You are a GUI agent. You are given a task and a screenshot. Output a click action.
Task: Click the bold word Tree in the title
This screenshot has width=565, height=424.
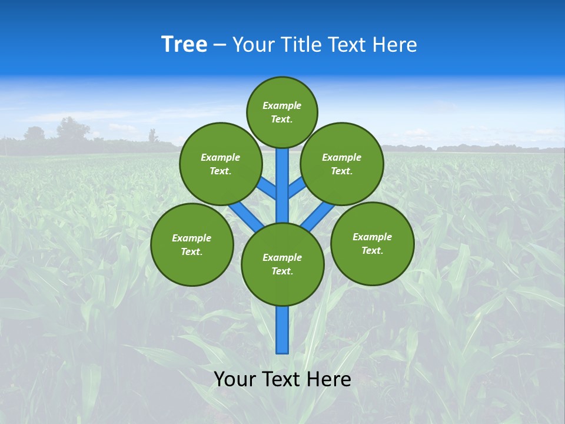coord(184,45)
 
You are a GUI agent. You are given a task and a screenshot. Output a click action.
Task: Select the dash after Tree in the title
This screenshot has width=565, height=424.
coord(220,45)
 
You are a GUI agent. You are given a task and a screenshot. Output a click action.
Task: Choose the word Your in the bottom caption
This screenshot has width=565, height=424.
coord(235,379)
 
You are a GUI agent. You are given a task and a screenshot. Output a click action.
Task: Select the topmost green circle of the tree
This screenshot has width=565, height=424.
coord(282,112)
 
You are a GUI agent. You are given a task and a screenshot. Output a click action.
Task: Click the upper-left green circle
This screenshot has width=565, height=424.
coord(221,164)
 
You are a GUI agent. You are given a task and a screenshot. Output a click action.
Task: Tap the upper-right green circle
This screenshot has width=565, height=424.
coord(342,164)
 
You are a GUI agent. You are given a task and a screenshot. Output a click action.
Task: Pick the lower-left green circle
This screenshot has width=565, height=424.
coord(192,244)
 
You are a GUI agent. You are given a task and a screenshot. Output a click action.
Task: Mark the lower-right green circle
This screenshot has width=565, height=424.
coord(373,243)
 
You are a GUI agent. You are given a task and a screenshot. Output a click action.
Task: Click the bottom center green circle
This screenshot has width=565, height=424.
coord(282,264)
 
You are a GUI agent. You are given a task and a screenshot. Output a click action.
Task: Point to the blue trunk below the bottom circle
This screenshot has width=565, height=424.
coord(282,330)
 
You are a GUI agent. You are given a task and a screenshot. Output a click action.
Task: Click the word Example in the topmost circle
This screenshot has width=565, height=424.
coord(282,105)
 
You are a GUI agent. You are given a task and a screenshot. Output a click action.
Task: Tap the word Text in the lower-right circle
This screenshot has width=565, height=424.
coord(372,250)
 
